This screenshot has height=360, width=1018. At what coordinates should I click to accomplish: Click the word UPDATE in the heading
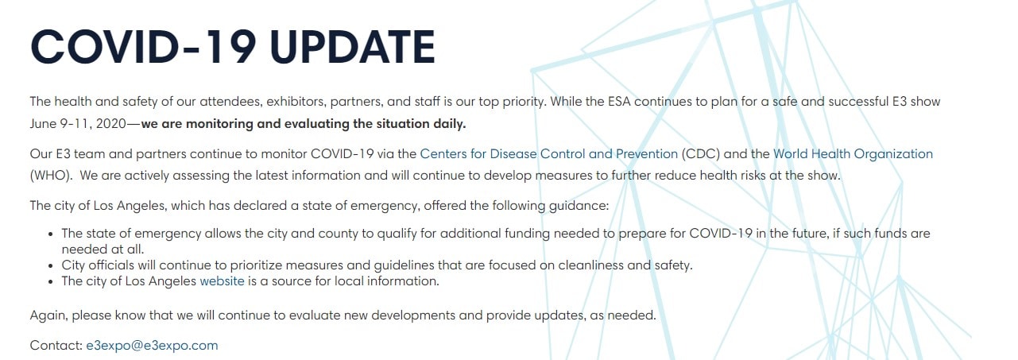point(352,47)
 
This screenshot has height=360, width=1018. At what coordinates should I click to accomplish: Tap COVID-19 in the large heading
point(143,47)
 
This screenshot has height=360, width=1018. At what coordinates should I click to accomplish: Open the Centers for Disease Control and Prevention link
point(548,154)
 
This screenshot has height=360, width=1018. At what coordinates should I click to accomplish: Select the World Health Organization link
point(853,154)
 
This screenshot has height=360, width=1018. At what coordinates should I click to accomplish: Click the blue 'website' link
point(223,281)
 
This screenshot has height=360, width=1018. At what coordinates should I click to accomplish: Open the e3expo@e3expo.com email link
point(152,346)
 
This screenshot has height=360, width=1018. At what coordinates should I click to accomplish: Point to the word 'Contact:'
point(56,346)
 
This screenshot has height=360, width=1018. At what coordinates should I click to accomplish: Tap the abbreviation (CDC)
point(700,154)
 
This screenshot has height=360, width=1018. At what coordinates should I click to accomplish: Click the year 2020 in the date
point(111,124)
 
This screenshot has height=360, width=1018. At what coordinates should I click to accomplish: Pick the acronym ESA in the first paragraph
point(619,102)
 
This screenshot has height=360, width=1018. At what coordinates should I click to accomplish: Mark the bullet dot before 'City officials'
point(52,266)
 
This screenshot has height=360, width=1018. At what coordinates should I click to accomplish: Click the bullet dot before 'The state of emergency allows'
point(52,234)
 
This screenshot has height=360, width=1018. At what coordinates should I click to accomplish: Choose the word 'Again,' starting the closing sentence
point(49,315)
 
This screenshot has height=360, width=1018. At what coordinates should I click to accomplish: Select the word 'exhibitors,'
point(296,102)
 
